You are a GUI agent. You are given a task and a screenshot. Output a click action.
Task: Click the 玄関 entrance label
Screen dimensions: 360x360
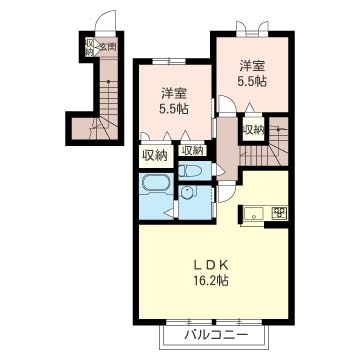(106, 46)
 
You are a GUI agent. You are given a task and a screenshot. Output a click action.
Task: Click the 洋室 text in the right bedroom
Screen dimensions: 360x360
(250, 65)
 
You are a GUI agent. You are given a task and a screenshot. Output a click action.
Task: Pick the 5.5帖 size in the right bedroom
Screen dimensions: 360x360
(250, 81)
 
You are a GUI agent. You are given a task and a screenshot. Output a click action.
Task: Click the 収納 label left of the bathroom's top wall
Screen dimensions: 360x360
(154, 155)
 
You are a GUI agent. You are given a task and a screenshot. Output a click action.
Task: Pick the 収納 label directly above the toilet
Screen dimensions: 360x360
(192, 150)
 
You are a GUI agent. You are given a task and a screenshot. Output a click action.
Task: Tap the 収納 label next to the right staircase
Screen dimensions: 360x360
(253, 129)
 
